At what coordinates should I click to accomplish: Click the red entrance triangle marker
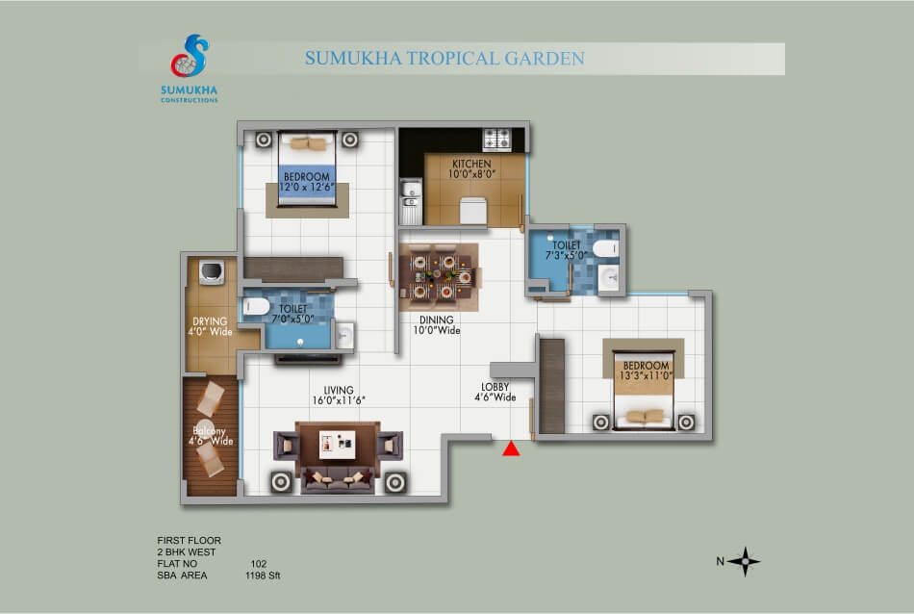coord(511,448)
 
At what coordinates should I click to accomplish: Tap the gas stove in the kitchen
coord(496,140)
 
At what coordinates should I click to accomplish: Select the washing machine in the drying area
coord(212,272)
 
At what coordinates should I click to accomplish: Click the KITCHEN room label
coord(471,168)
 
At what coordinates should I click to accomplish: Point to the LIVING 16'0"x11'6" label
coord(338,395)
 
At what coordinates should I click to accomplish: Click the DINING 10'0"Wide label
coord(437,324)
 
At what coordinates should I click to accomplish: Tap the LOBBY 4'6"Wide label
coord(495,392)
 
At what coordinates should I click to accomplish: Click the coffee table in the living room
coord(338,445)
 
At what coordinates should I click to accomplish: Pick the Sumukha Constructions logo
coord(189,68)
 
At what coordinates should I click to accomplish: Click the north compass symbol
coord(744,561)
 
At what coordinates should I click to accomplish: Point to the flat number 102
coord(259,564)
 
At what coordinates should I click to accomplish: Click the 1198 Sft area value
coord(263,576)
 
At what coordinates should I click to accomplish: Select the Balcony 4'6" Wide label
coord(211,436)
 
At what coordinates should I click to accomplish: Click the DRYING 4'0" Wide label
coord(210,326)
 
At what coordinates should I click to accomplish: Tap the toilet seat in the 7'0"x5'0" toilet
coord(256,305)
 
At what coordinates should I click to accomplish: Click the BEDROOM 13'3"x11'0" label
coord(646,371)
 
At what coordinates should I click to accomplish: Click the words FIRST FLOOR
coord(189,541)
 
